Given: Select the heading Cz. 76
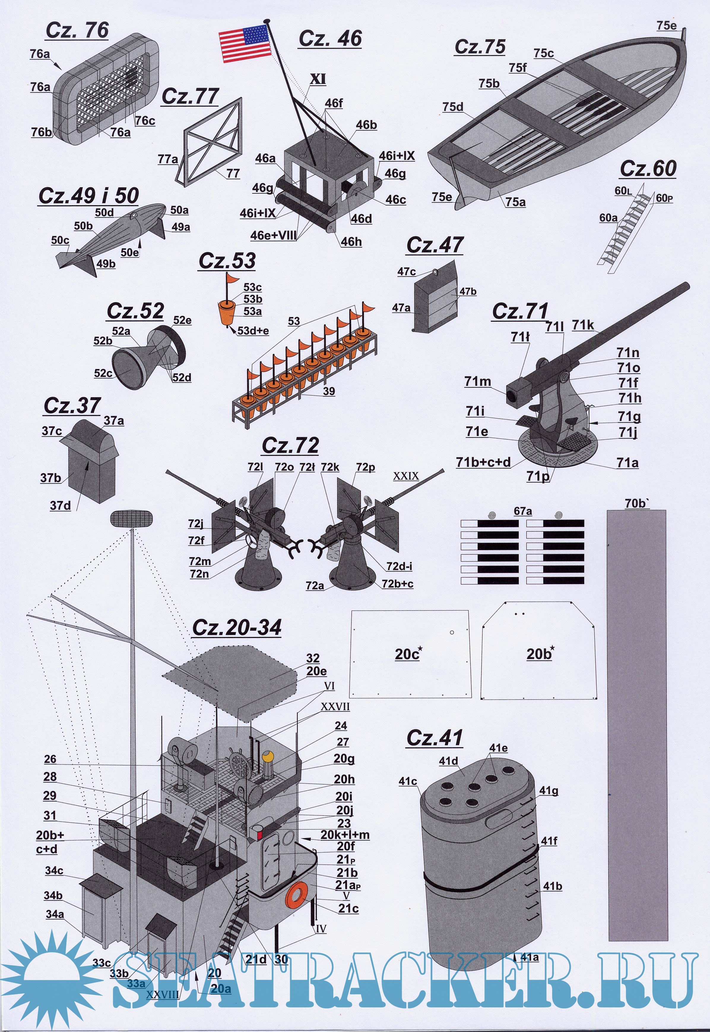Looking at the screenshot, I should click(x=77, y=30).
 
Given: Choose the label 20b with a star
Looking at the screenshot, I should click(x=539, y=654).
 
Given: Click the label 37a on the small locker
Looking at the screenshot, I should click(x=114, y=420).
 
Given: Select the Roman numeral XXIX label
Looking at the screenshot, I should click(x=406, y=476).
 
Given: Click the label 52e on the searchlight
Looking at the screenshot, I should click(x=182, y=320).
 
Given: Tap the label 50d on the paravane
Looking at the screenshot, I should click(x=104, y=212).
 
